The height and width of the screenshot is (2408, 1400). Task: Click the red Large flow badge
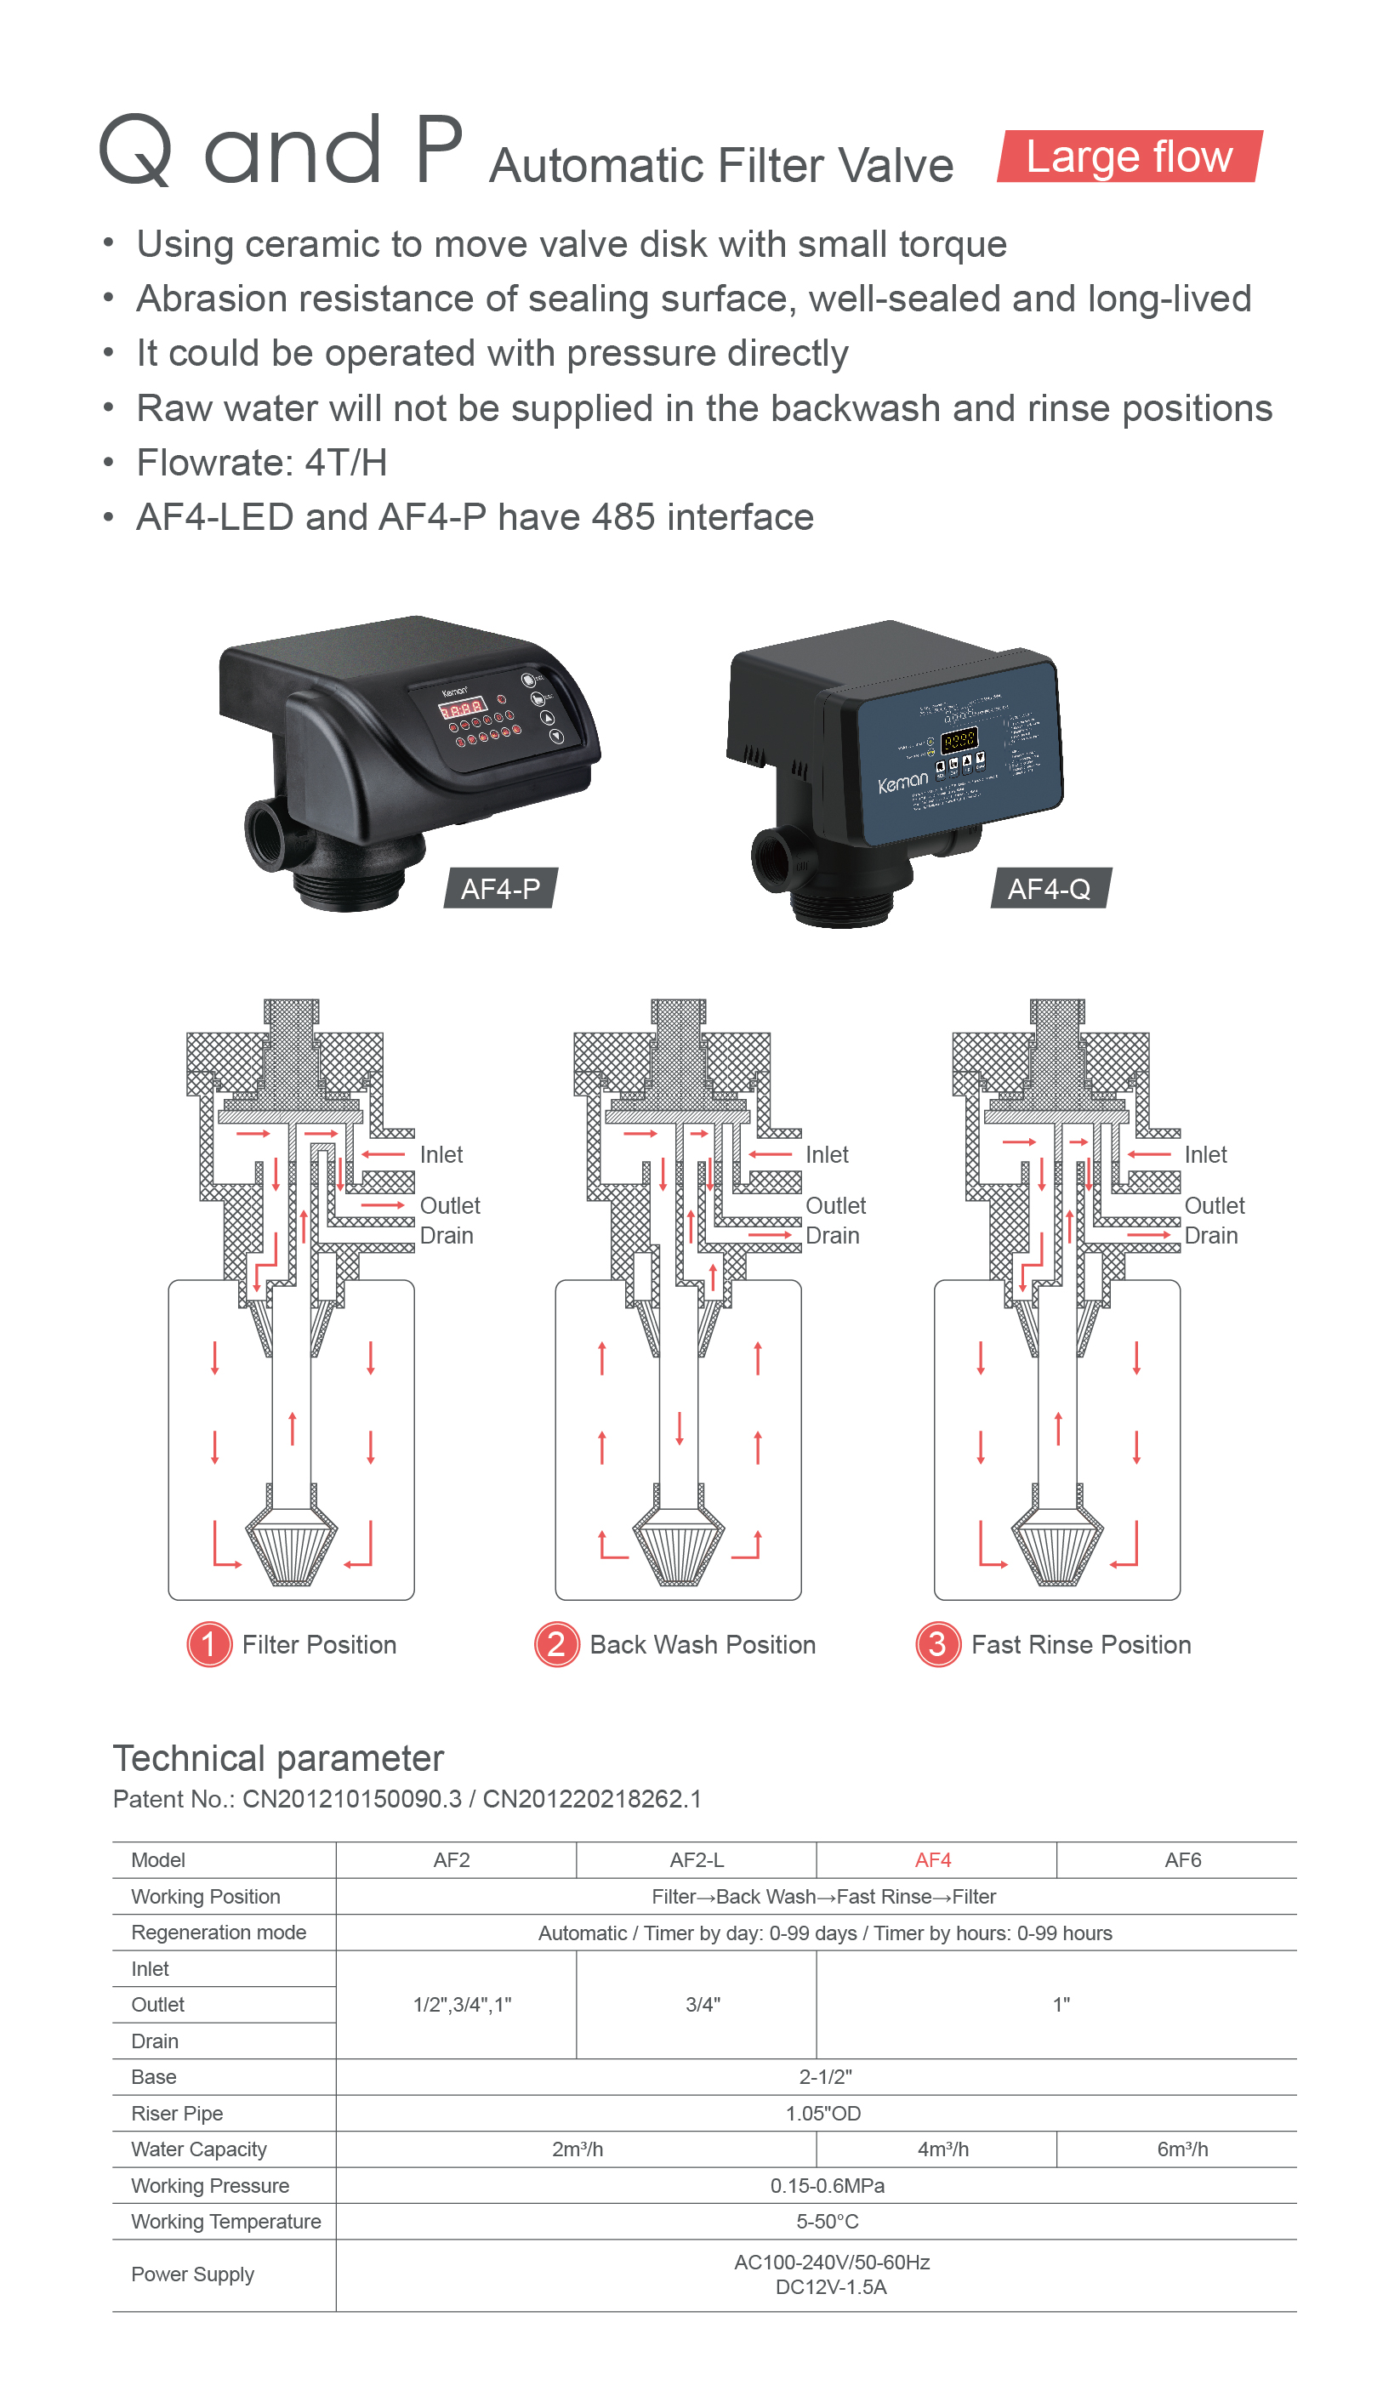pos(1129,157)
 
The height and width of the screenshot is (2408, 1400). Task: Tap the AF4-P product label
pos(500,889)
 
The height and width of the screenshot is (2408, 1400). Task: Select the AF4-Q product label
pos(1049,889)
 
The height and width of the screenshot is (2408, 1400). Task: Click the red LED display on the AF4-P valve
pos(462,708)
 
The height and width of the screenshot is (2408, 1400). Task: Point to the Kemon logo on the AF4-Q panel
pos(902,782)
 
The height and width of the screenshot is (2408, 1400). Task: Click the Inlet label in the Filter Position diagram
pos(441,1154)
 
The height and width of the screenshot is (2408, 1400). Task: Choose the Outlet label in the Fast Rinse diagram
pos(1214,1206)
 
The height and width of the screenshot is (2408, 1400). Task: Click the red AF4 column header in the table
pos(933,1859)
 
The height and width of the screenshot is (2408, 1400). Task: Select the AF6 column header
pos(1182,1859)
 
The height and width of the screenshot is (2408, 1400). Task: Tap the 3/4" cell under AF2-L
pos(703,2005)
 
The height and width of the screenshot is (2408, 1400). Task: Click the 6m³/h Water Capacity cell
pos(1182,2149)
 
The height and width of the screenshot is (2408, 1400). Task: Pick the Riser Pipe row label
pos(177,2113)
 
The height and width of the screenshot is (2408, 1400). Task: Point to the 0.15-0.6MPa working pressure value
pos(827,2185)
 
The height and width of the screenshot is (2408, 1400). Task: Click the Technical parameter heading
pos(278,1758)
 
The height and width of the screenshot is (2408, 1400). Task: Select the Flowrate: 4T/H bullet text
pos(261,463)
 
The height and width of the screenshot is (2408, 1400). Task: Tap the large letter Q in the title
pos(136,150)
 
